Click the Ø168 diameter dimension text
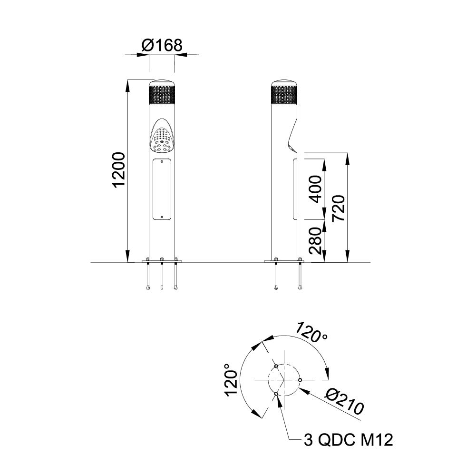(x=162, y=46)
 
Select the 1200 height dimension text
(x=119, y=170)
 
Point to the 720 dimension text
(x=339, y=208)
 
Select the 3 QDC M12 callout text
(x=348, y=440)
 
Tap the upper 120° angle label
(x=311, y=333)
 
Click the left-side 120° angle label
(x=231, y=380)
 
